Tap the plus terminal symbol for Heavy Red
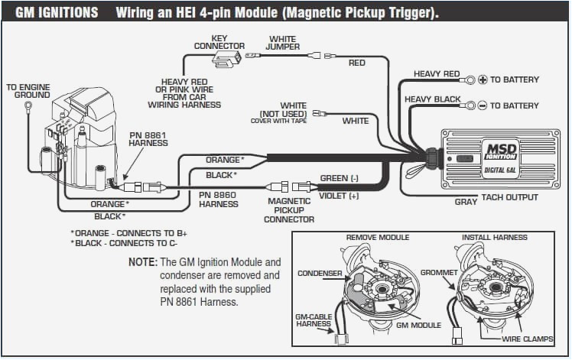[x=482, y=79]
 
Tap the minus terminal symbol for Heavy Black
[x=482, y=105]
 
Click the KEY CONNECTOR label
[x=219, y=42]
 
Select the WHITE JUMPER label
[x=282, y=42]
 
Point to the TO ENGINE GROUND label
[x=28, y=91]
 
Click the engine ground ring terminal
[x=28, y=105]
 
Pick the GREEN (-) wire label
[x=339, y=178]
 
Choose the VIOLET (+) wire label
[x=339, y=196]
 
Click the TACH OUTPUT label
[x=509, y=198]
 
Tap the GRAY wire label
[x=466, y=203]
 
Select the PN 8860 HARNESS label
[x=219, y=199]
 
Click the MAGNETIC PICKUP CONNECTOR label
[x=289, y=210]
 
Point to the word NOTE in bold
[x=142, y=261]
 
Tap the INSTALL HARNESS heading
[x=494, y=238]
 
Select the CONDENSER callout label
[x=319, y=273]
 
